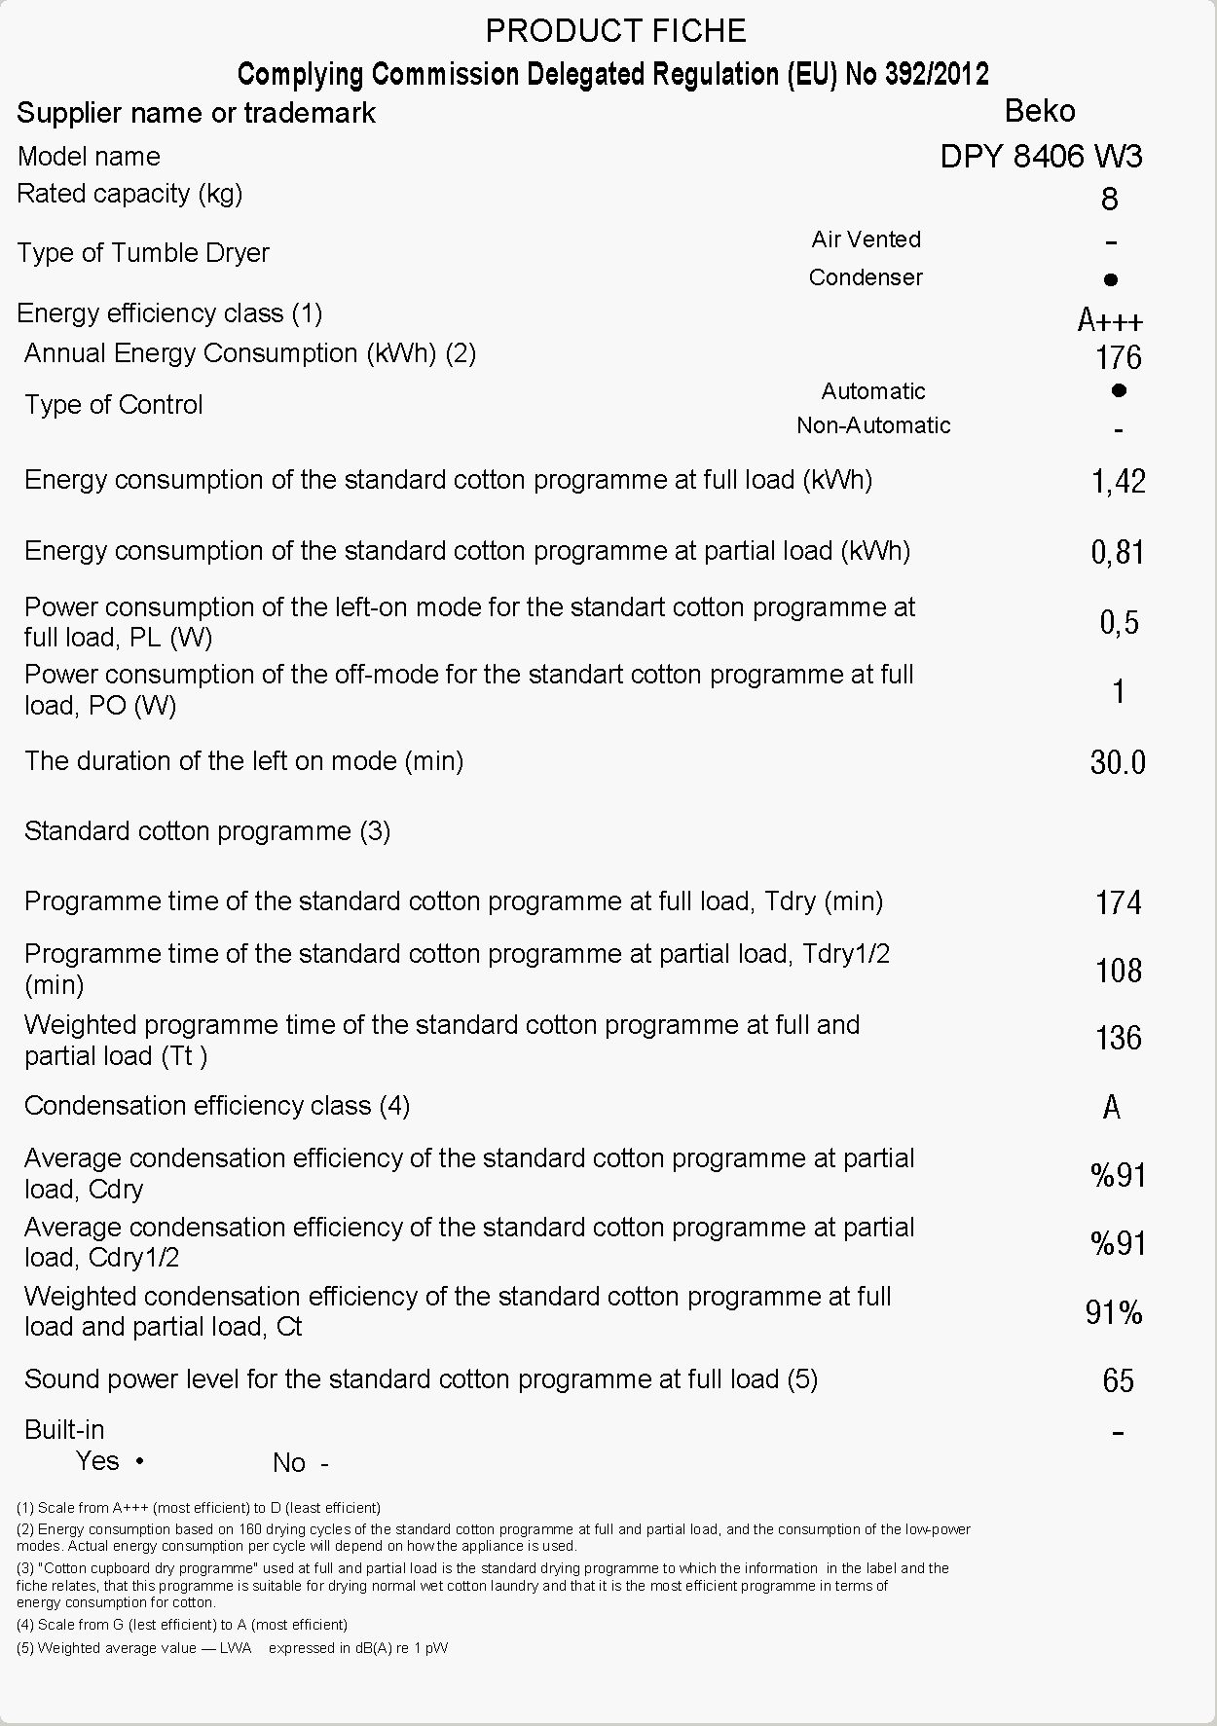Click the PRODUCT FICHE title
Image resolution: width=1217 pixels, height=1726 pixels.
615,31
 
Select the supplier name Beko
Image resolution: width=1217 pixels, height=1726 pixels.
1039,111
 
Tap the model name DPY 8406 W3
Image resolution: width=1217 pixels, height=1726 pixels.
1041,156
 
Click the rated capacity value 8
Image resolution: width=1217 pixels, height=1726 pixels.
1109,200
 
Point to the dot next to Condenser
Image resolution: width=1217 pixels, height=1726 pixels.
1111,280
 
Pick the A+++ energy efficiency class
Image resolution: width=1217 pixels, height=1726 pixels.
1110,320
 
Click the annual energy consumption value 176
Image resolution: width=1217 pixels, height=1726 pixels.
1118,358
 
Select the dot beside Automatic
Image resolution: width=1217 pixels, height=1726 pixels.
1119,390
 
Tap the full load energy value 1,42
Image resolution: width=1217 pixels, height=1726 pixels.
1118,481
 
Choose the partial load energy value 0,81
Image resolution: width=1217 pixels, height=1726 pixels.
1118,553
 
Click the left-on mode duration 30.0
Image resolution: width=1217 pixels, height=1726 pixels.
1118,761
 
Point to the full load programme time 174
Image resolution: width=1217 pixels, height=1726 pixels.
1118,902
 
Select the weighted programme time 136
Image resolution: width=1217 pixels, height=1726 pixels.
1118,1038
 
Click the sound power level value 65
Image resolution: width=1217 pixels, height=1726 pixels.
1118,1380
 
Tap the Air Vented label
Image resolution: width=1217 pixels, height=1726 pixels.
866,239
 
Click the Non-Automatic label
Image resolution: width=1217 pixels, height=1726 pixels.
873,425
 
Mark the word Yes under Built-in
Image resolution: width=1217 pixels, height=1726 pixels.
97,1461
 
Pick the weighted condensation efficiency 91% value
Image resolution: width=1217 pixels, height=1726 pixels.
1114,1313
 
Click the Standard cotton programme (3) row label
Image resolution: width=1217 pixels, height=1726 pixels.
207,831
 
